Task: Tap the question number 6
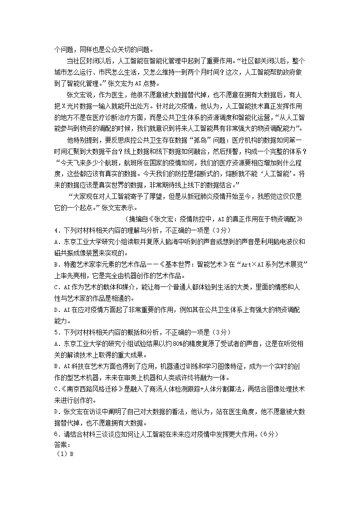click(x=55, y=434)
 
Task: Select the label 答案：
click(x=60, y=444)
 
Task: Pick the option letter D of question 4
click(x=56, y=310)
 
